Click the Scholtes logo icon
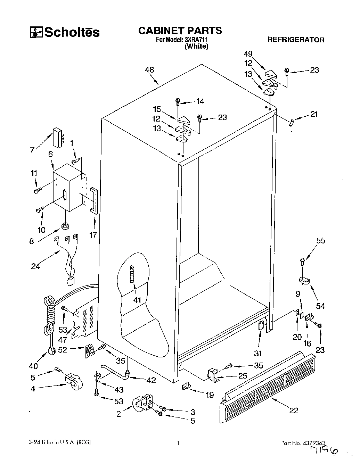[x=36, y=32]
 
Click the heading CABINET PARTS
[x=180, y=31]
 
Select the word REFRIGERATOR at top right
[x=295, y=40]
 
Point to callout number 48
[x=149, y=70]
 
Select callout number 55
[x=320, y=240]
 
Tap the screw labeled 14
[x=178, y=102]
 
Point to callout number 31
[x=258, y=353]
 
